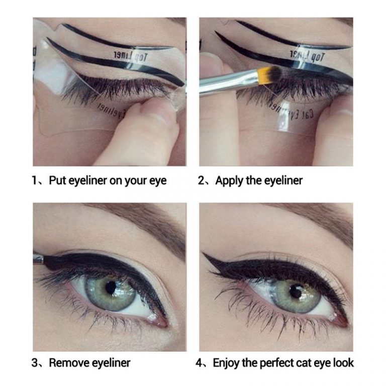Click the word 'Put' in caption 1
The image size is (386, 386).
tap(57, 180)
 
